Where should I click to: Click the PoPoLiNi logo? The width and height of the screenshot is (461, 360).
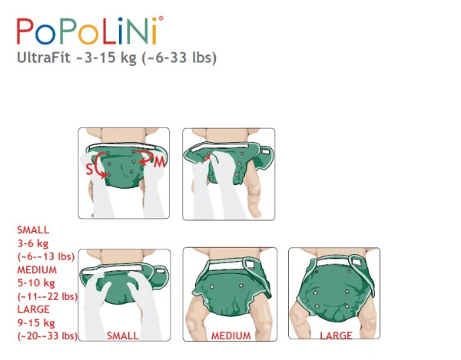[x=90, y=31]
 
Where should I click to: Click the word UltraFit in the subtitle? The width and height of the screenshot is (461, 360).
[x=44, y=58]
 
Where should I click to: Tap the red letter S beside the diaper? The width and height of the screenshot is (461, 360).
[x=89, y=170]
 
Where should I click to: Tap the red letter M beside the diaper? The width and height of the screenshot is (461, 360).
[x=159, y=162]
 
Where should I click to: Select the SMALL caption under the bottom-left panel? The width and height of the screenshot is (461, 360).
[x=123, y=335]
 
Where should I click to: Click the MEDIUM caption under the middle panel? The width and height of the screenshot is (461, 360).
[x=231, y=335]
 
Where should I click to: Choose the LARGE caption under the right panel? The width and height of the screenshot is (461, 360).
[x=336, y=335]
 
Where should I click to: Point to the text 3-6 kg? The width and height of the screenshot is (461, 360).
[x=33, y=243]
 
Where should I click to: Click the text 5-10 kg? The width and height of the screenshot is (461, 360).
[x=36, y=283]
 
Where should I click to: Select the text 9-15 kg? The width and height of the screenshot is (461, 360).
[x=36, y=322]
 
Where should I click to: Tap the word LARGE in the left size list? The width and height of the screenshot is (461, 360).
[x=34, y=309]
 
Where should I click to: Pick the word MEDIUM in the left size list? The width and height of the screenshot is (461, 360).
[x=37, y=270]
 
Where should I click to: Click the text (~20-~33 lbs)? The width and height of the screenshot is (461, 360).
[x=48, y=335]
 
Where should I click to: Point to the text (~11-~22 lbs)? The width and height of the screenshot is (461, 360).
[x=48, y=296]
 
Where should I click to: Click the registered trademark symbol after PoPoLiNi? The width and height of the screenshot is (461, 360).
[x=161, y=18]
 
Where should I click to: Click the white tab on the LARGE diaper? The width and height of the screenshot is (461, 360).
[x=357, y=261]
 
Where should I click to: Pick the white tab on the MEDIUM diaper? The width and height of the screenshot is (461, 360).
[x=250, y=264]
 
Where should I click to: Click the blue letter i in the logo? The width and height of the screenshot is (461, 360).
[x=121, y=31]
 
